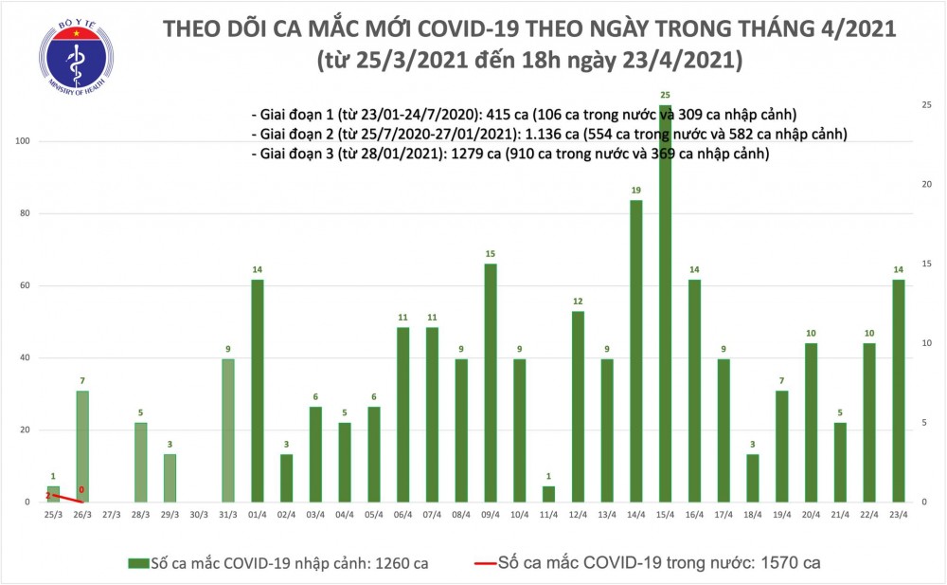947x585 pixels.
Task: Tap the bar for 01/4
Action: pyautogui.click(x=257, y=391)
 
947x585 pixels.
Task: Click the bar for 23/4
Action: pyautogui.click(x=898, y=391)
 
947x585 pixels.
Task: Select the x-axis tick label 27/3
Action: pyautogui.click(x=111, y=516)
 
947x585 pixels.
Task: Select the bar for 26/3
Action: pyautogui.click(x=81, y=446)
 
